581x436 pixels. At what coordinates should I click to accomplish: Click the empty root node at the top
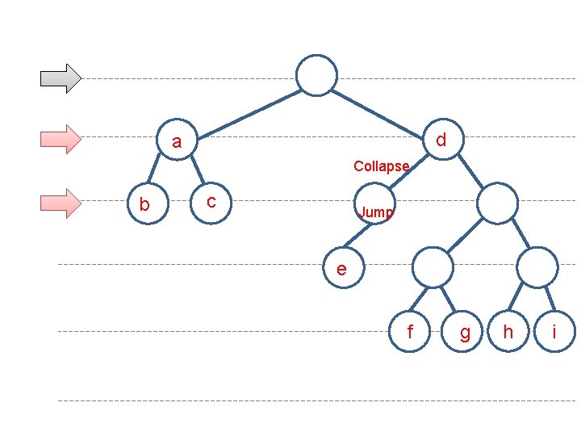(x=316, y=75)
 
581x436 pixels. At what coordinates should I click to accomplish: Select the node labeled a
(x=178, y=141)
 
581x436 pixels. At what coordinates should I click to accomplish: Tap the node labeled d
(x=441, y=140)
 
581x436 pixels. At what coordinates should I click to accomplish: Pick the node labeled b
(x=145, y=204)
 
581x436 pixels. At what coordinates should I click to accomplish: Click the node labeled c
(x=211, y=201)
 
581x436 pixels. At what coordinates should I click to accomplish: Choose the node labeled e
(x=342, y=268)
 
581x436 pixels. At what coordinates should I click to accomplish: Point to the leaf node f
(x=410, y=332)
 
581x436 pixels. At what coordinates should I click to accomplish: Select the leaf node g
(x=464, y=332)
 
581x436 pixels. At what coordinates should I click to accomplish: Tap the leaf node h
(x=508, y=332)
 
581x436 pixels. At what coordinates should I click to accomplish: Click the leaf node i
(x=554, y=332)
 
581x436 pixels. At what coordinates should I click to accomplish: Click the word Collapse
(x=381, y=166)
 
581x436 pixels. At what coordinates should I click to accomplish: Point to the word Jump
(x=376, y=212)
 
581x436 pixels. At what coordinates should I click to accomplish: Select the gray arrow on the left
(x=61, y=78)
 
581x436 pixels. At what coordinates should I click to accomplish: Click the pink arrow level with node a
(x=61, y=139)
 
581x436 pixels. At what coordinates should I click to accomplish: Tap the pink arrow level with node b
(x=61, y=203)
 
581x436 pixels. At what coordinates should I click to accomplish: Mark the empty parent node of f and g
(x=434, y=267)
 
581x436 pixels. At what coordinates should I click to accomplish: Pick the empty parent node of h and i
(x=537, y=267)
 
